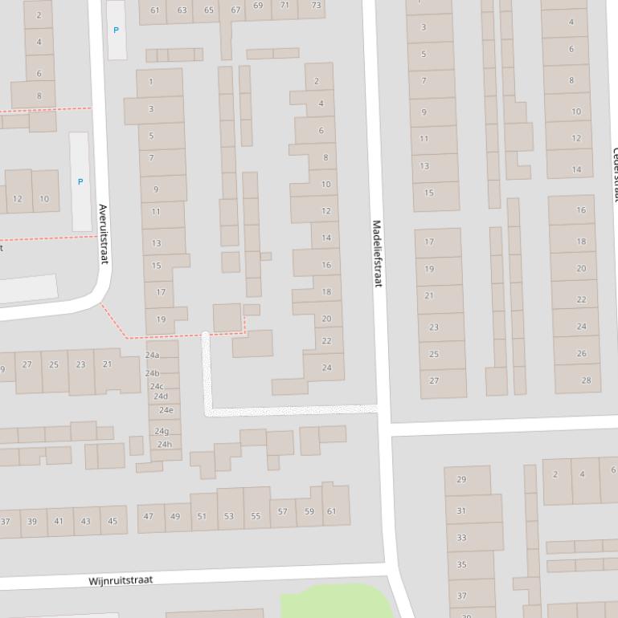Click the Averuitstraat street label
tap(103, 234)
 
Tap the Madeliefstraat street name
tap(377, 254)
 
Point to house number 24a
tap(152, 355)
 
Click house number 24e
tap(166, 410)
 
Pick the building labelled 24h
tap(164, 444)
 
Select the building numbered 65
tap(209, 10)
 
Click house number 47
tap(149, 517)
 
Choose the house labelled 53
tap(229, 515)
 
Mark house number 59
tap(309, 511)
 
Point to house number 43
tap(85, 521)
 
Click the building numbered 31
tap(461, 510)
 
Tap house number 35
tap(461, 565)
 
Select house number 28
tap(586, 380)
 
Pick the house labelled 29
tap(461, 480)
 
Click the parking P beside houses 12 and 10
tap(80, 182)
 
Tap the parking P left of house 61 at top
tap(116, 30)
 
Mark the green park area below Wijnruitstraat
tap(338, 602)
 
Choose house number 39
tap(32, 522)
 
